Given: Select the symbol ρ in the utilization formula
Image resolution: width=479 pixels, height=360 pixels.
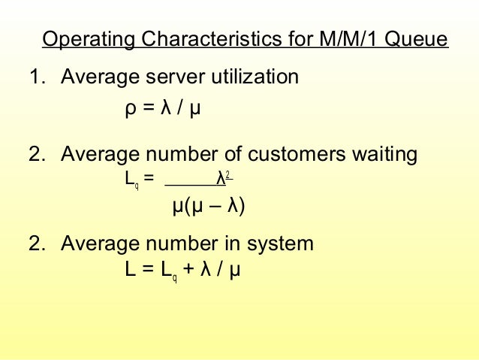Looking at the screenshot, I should [x=130, y=110].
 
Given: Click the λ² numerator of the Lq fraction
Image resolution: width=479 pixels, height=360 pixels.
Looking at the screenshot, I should [x=222, y=179].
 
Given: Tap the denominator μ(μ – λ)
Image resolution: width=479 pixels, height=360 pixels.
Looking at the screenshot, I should [x=209, y=205].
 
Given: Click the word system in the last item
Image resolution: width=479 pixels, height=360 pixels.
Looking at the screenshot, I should [x=276, y=244].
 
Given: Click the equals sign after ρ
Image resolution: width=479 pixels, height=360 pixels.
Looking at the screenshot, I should [x=148, y=110].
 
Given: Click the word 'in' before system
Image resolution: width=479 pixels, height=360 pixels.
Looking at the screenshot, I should [x=227, y=244].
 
